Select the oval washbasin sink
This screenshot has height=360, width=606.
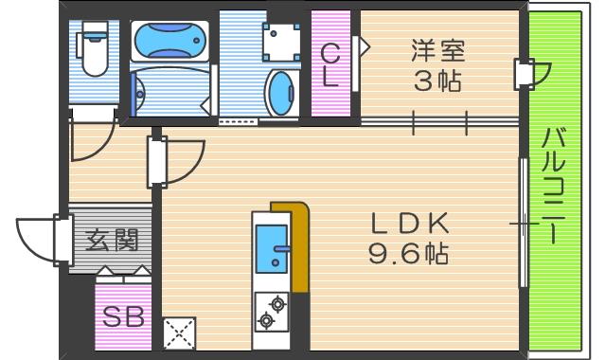point(281,95)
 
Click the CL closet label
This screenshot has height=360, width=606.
point(330,64)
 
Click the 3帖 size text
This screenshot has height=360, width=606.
point(437,82)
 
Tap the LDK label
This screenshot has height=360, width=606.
point(408,223)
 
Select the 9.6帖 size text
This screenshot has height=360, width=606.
point(408,254)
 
